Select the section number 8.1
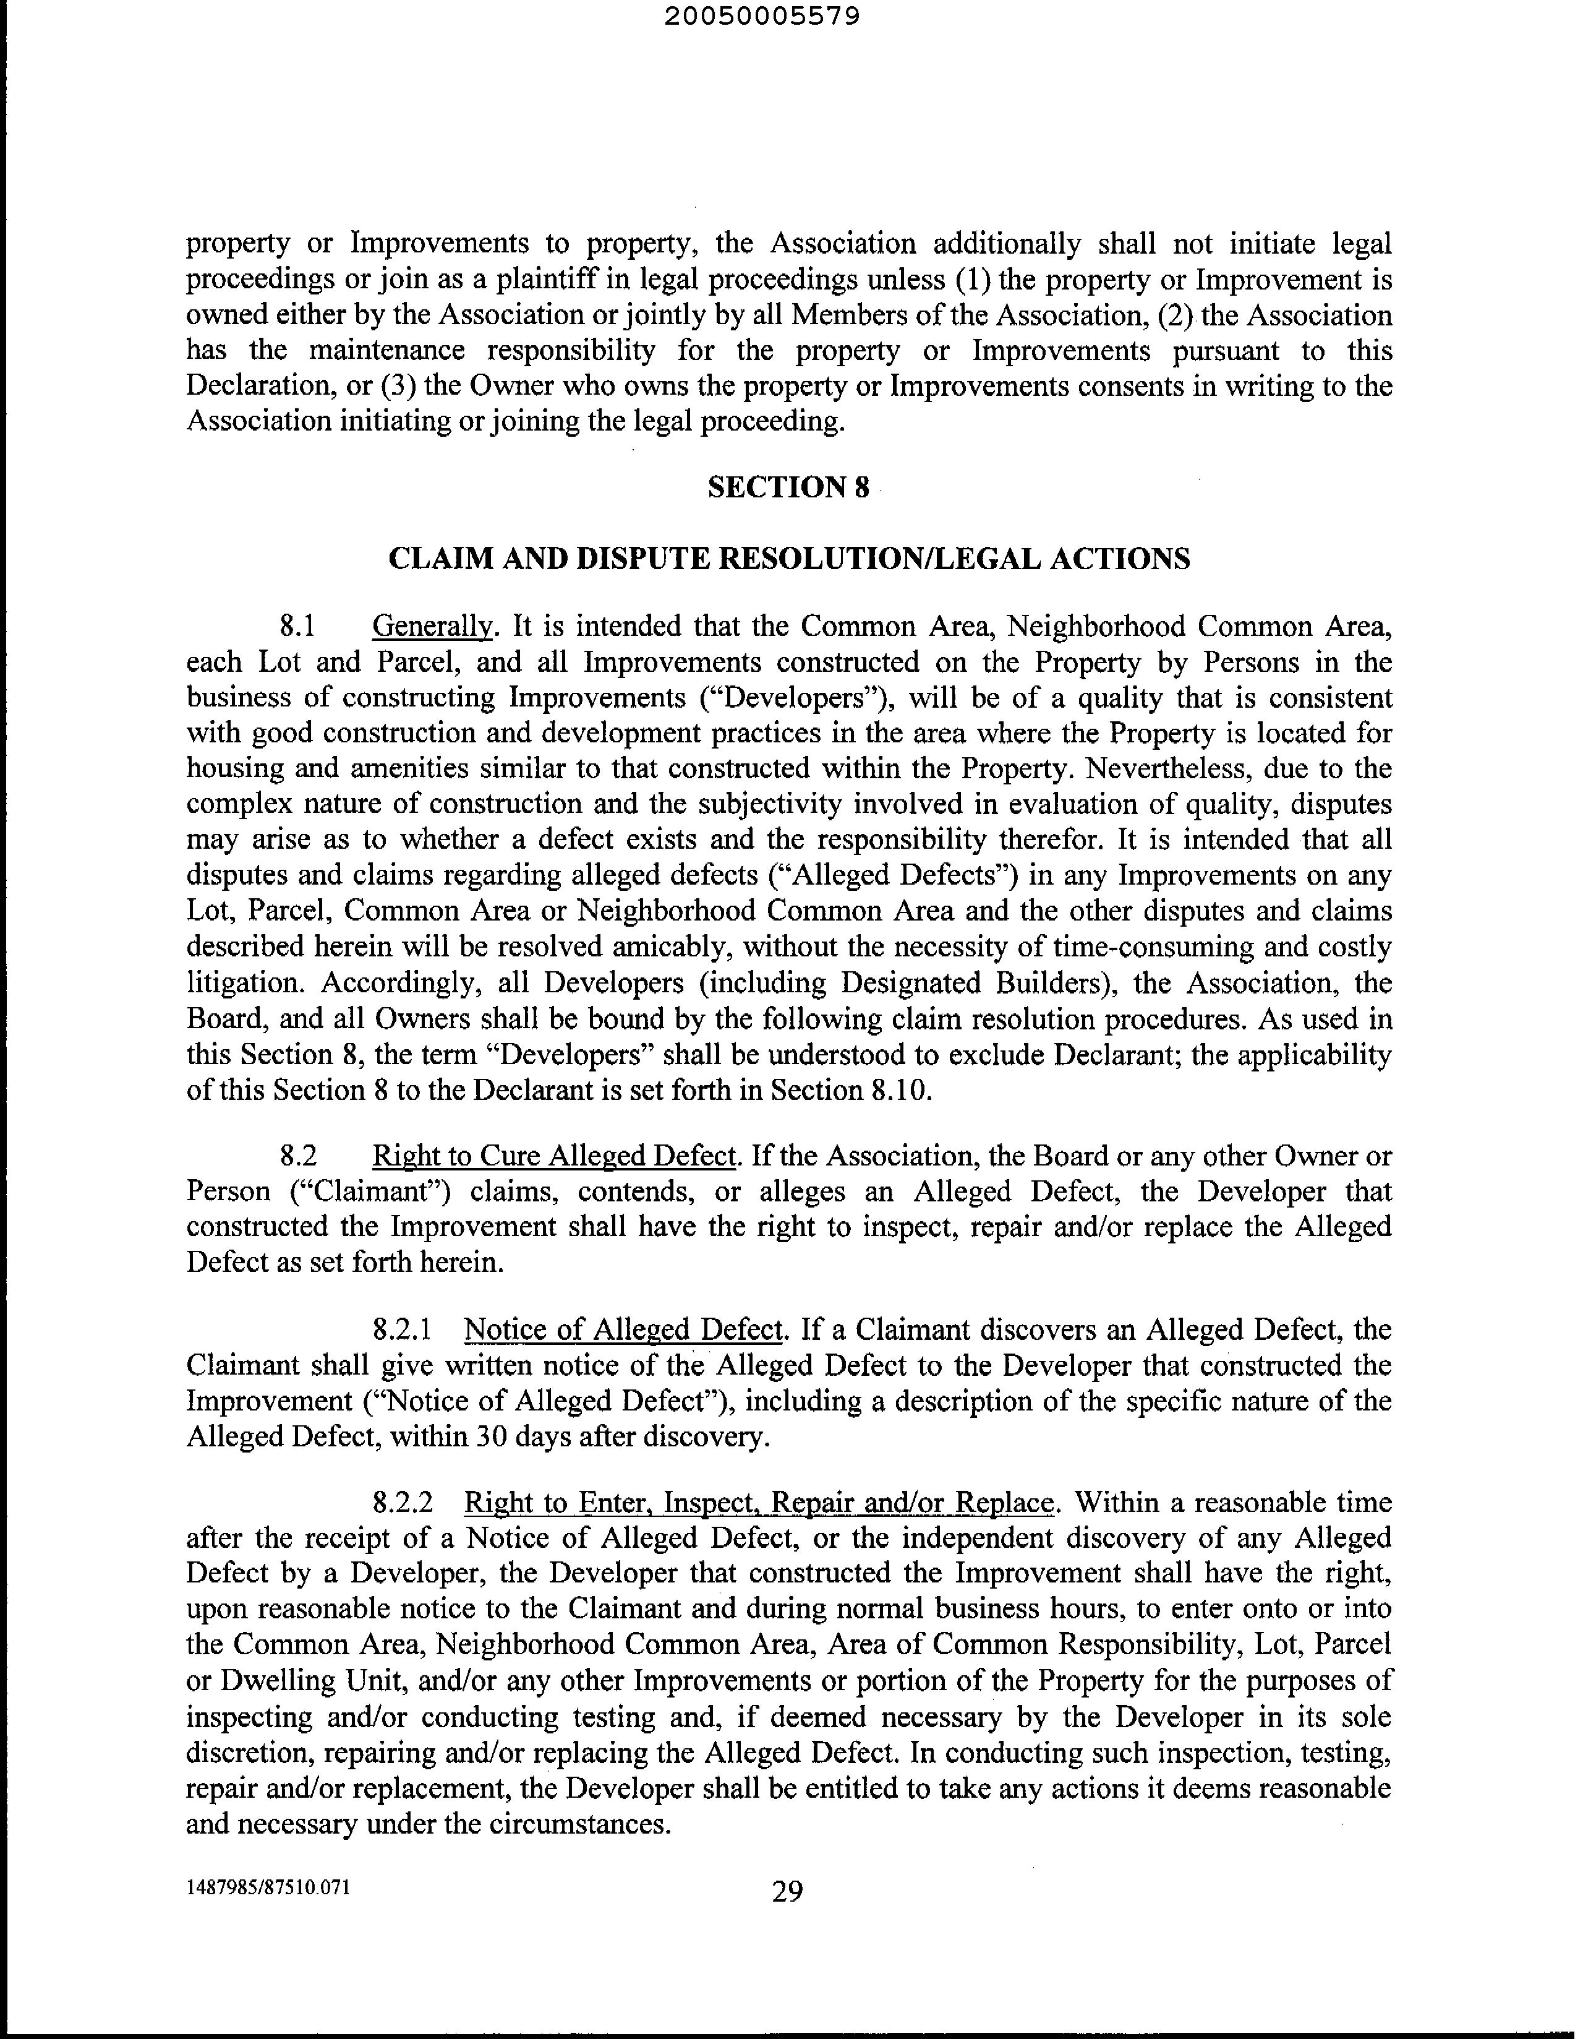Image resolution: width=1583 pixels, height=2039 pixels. pyautogui.click(x=299, y=627)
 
